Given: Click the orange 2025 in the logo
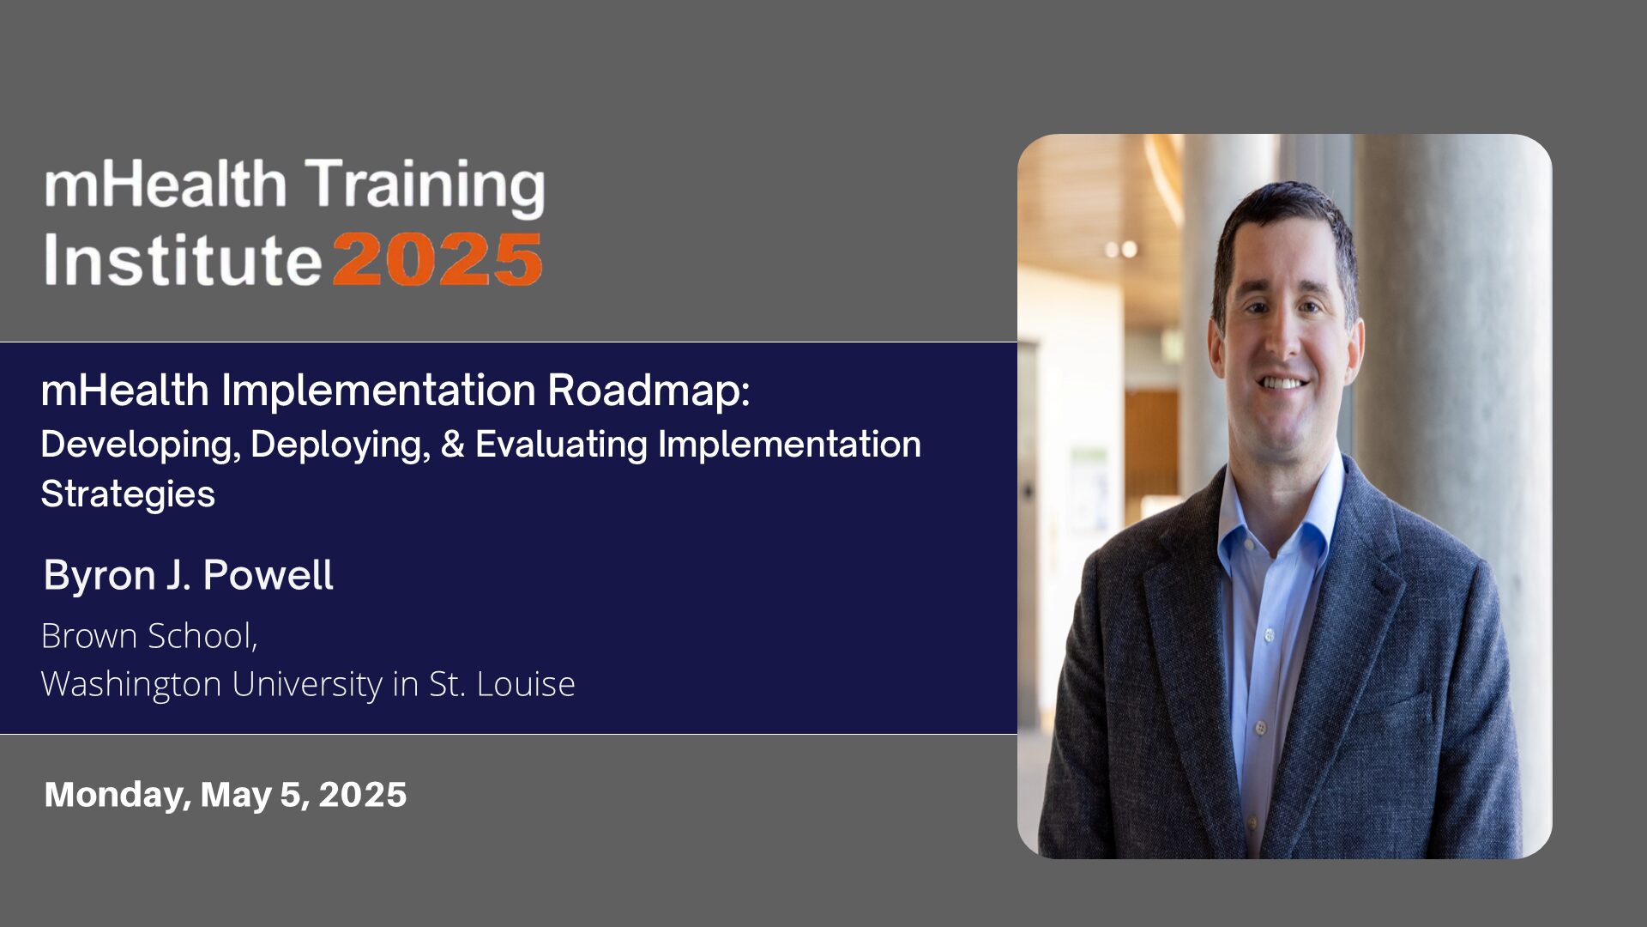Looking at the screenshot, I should coord(437,260).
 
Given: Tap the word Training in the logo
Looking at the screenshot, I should coord(425,185).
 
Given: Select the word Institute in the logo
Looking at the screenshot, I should coord(183,260).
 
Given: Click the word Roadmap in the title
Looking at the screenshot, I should coord(648,391).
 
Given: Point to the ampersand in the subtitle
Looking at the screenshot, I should coord(452,445).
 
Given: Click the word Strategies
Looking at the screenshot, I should coord(128,494).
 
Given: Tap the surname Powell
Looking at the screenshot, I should coord(268,575).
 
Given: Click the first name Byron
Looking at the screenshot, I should coord(100,575).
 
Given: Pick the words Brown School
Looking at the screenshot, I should coord(148,636).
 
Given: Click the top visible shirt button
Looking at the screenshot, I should coord(1269,635).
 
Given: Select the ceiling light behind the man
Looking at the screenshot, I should coord(1122,249).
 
